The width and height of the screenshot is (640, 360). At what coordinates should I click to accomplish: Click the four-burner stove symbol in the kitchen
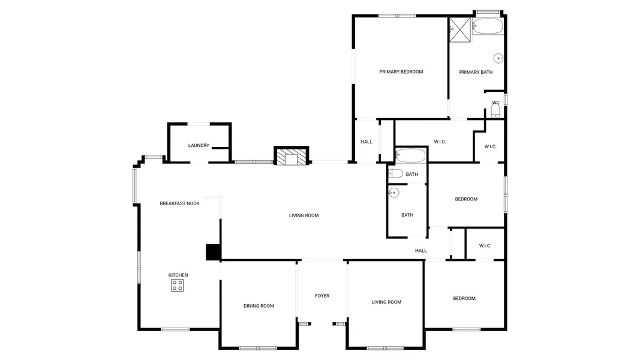point(177,286)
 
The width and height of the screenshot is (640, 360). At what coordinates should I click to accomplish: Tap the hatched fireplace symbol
point(291,157)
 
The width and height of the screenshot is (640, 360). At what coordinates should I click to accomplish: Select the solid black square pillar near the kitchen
point(213,252)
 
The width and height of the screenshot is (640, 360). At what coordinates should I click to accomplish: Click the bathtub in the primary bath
point(488,26)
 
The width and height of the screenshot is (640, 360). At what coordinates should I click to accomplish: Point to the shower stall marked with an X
point(460,30)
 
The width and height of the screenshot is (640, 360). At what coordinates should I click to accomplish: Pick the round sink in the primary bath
point(498,58)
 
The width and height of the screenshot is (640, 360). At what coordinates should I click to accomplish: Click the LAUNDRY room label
point(199,145)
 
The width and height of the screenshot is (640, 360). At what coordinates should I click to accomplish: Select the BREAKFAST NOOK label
point(179,203)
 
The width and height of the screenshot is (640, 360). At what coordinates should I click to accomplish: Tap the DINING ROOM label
point(259,306)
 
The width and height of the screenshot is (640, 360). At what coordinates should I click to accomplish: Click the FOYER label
point(322,296)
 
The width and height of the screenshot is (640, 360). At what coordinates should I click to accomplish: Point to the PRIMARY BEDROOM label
point(401,72)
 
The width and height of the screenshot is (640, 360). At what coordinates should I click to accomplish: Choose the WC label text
point(495,103)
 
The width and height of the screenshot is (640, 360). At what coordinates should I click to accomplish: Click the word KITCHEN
point(178,275)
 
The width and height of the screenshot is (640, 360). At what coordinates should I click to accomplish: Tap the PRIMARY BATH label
point(476,72)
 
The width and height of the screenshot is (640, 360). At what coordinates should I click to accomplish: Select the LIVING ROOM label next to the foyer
point(386,302)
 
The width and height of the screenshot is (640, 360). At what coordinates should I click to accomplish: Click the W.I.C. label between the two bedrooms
point(485,246)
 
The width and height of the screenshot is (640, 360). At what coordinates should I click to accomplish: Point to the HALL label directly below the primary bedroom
point(366,142)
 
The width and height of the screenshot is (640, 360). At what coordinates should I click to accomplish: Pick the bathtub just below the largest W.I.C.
point(411,155)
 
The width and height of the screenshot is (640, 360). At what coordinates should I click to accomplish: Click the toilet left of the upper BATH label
point(395,173)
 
